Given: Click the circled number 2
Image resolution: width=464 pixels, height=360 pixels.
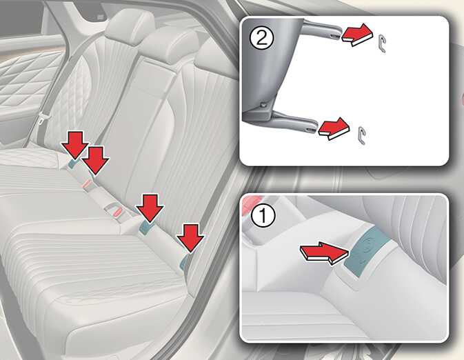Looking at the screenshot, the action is (x=261, y=39).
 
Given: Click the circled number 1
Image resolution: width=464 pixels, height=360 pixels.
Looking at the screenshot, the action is (x=263, y=216).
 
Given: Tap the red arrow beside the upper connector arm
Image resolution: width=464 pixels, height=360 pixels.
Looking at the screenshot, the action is (x=356, y=34).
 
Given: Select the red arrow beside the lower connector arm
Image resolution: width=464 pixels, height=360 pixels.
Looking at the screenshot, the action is (x=334, y=128).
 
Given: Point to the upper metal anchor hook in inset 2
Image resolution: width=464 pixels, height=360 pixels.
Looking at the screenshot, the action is (x=381, y=43).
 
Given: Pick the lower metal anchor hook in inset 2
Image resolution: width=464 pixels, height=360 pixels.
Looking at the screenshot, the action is (x=361, y=136).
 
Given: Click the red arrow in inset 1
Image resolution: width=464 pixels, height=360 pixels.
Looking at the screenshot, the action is (x=325, y=252).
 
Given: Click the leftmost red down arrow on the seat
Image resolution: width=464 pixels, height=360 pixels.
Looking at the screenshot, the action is (x=74, y=145).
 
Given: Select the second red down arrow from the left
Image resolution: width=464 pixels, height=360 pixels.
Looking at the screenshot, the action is (x=95, y=160).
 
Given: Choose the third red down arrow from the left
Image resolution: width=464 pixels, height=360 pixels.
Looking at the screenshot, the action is (x=150, y=208).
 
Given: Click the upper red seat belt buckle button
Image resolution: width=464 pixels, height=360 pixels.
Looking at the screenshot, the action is (x=87, y=183).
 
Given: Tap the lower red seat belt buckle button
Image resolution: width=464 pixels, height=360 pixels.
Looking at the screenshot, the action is (x=117, y=212).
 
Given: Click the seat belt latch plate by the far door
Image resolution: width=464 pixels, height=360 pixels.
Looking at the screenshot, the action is (x=42, y=119).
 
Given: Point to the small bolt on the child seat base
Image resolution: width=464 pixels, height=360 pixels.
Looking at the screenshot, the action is (x=262, y=105).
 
